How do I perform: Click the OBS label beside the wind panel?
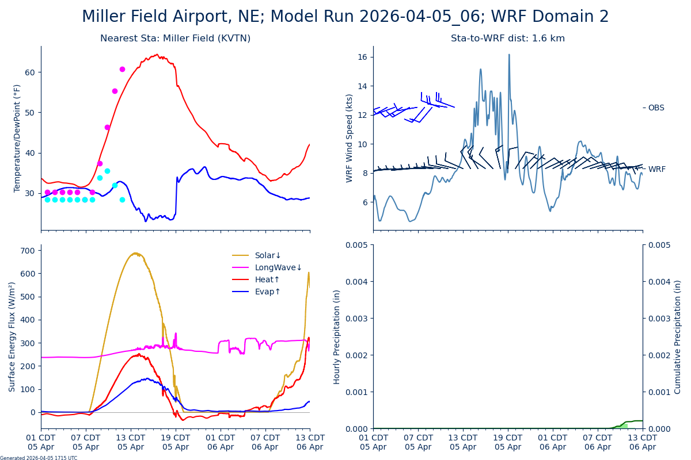coord(656,108)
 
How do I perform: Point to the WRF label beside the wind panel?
coord(656,169)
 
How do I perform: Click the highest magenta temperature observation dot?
coord(122,69)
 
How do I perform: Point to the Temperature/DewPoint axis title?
coord(17,138)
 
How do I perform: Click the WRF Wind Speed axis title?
coord(350,138)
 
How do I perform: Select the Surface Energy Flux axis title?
coord(12,336)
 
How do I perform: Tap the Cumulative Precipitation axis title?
coord(678,336)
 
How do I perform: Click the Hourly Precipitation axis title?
coord(337,336)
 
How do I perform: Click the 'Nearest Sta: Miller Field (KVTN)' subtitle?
coord(175,39)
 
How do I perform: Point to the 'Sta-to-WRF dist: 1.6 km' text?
coord(508,39)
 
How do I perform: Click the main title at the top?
coord(345,17)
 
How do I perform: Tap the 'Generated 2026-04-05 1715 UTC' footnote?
coord(39,458)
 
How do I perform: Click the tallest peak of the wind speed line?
coord(509,55)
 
